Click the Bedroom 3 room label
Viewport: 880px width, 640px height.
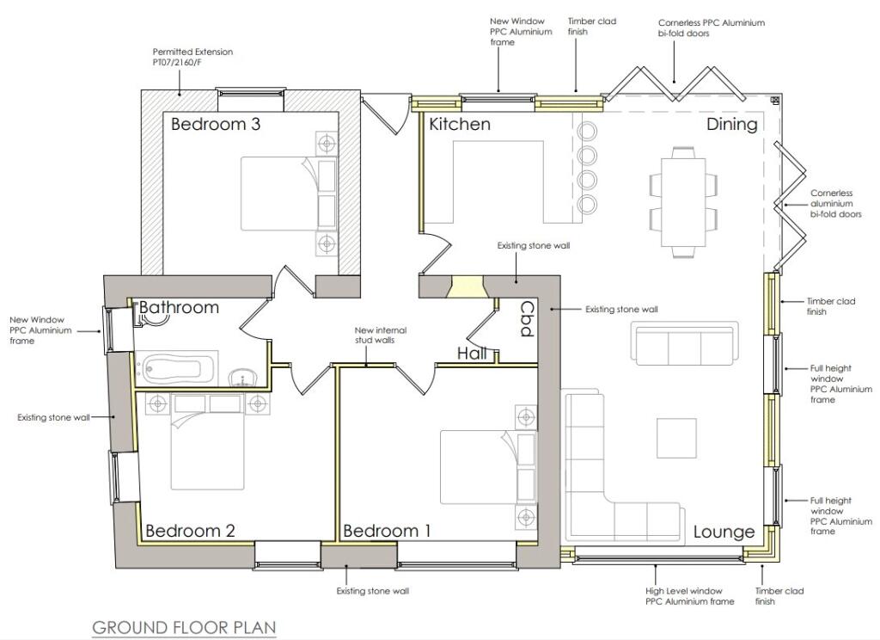(216, 124)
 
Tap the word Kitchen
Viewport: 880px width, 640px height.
(460, 124)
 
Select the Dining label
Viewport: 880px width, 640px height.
(732, 125)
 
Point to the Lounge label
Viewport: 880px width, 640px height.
(724, 532)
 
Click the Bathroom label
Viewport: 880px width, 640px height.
(179, 307)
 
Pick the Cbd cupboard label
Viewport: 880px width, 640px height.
(527, 319)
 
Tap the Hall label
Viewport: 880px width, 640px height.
(472, 354)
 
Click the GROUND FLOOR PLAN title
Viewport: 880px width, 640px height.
(184, 628)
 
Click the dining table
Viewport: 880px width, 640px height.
(683, 202)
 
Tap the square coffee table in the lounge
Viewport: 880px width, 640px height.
(676, 438)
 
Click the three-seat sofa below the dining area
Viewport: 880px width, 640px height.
(684, 342)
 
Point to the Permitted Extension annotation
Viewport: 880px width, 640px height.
(192, 57)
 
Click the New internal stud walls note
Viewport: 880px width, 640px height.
(381, 335)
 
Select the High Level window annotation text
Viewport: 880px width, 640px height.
(690, 596)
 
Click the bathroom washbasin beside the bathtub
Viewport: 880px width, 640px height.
(242, 378)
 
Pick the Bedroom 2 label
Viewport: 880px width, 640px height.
(190, 531)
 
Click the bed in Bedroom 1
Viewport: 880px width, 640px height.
(488, 467)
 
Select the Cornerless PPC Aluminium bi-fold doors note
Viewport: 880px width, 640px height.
(711, 28)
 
